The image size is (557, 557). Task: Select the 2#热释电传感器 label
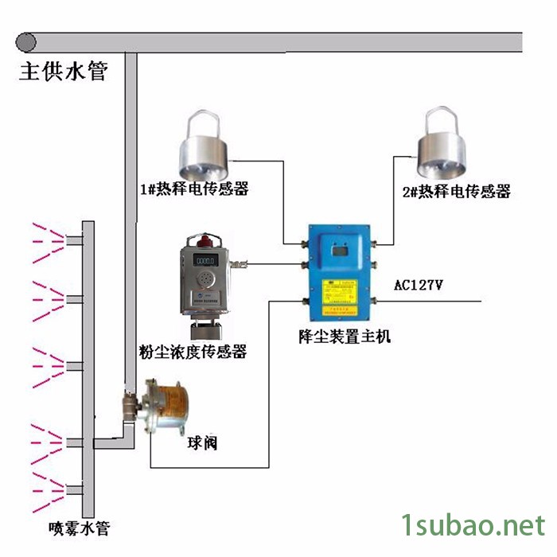[x=456, y=191]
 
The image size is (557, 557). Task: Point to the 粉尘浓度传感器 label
[x=192, y=350]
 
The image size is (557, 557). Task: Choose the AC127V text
[x=419, y=284]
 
